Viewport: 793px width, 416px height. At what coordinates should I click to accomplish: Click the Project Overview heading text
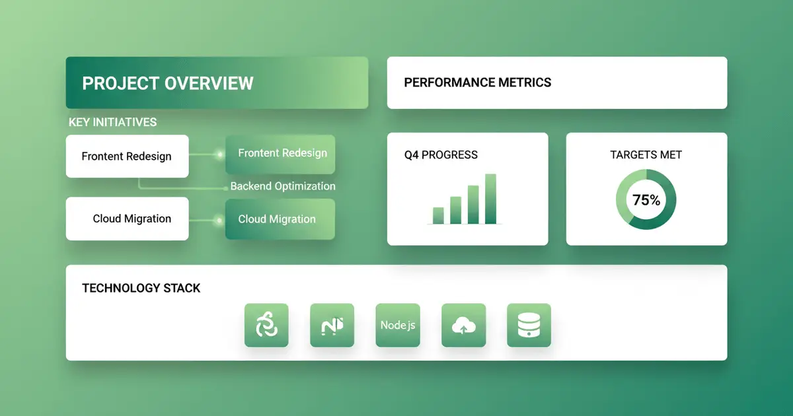tap(168, 83)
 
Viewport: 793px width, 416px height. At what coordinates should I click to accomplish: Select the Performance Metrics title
tap(478, 83)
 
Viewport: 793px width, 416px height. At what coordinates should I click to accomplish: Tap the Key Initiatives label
tap(112, 122)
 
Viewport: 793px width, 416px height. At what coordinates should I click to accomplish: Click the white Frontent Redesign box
tap(127, 156)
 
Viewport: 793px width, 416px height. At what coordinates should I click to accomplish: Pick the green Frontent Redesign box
tap(280, 155)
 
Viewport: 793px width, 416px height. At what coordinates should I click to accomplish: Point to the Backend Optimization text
tap(283, 186)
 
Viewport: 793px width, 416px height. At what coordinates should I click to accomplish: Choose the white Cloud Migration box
tap(127, 219)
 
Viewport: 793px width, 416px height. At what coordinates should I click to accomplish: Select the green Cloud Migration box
tap(280, 219)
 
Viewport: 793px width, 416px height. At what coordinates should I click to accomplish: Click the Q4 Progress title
tap(441, 155)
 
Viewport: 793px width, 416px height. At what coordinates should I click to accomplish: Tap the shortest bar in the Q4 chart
tap(438, 215)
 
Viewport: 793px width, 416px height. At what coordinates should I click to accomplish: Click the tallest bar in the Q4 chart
tap(490, 199)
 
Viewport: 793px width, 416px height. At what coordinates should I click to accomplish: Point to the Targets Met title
tap(646, 155)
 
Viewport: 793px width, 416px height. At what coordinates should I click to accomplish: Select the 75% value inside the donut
tap(646, 200)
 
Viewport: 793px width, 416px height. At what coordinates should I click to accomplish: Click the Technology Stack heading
tap(141, 288)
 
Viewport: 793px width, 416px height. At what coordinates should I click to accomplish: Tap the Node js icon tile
tap(398, 325)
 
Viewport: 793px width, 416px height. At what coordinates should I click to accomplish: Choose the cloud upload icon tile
tap(464, 325)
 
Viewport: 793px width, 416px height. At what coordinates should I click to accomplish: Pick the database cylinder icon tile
tap(529, 325)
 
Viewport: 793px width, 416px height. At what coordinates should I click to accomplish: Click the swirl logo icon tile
tap(266, 325)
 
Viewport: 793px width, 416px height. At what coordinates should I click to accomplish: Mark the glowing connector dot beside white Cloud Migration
tap(219, 221)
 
